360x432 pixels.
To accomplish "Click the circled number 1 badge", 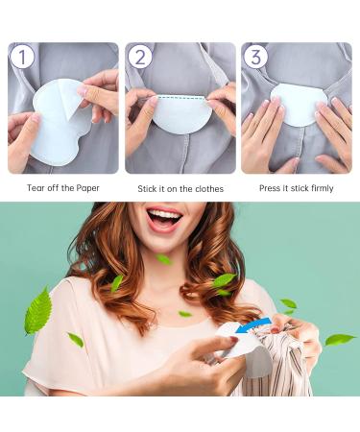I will click(23, 57).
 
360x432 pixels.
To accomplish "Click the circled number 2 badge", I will click(140, 57).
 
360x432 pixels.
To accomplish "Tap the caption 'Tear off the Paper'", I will click(62, 188).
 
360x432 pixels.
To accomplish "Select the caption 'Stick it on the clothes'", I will click(180, 189).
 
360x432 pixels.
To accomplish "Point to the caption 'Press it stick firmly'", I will click(297, 188).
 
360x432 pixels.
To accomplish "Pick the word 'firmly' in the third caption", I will click(320, 188).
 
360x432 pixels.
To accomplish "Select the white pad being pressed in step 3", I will click(296, 106).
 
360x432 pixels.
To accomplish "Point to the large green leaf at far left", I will click(38, 311).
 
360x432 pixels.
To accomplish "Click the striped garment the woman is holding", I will click(283, 370).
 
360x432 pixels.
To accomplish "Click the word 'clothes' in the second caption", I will click(207, 189).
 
